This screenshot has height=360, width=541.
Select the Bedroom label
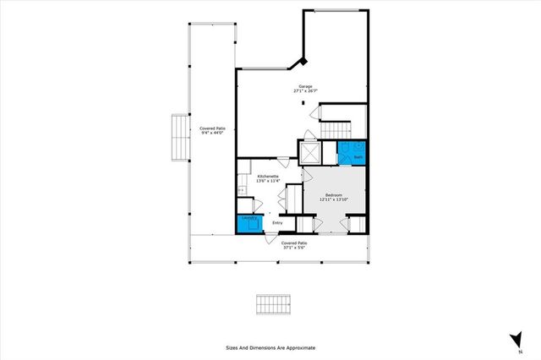pyautogui.click(x=334, y=194)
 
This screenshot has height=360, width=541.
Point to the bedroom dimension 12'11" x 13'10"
pyautogui.click(x=334, y=199)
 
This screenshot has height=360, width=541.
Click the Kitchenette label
pyautogui.click(x=257, y=176)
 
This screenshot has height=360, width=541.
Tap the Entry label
pyautogui.click(x=276, y=223)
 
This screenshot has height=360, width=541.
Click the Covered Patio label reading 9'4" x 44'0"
pyautogui.click(x=211, y=129)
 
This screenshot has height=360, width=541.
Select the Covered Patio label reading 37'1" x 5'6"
pyautogui.click(x=294, y=244)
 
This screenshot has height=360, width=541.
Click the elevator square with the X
pyautogui.click(x=311, y=153)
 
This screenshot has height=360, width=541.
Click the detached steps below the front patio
pyautogui.click(x=274, y=303)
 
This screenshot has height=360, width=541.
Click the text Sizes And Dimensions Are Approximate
pyautogui.click(x=270, y=347)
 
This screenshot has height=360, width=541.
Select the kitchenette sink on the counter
pyautogui.click(x=241, y=191)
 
